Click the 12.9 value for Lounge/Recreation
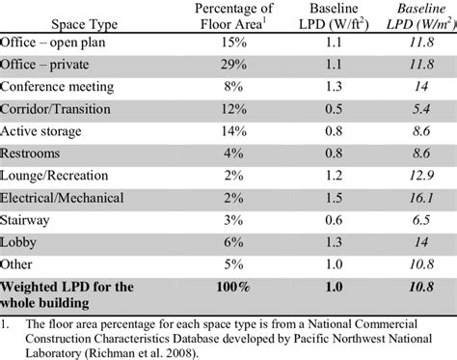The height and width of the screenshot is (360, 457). pos(421,203)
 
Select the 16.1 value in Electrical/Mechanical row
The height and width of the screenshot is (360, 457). pos(421,226)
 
